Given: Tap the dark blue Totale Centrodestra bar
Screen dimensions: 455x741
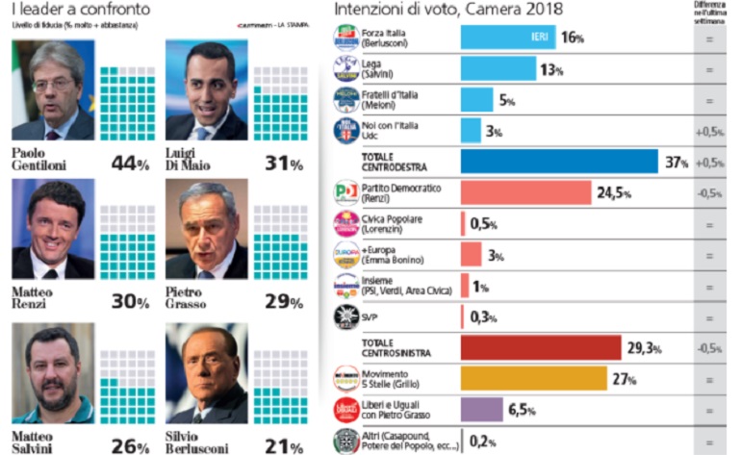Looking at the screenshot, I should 559,162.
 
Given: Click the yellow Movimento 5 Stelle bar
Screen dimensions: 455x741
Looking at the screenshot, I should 533,378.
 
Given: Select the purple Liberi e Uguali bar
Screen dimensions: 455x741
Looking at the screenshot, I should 482,410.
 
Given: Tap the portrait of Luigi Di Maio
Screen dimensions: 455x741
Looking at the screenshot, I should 206,90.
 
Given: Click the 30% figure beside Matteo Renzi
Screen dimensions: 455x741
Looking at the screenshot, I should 127,302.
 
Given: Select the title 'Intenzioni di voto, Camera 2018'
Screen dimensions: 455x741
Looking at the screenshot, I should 448,9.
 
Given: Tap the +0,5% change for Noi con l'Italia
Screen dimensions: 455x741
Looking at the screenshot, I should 709,131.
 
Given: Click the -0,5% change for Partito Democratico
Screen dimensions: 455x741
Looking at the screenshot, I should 709,192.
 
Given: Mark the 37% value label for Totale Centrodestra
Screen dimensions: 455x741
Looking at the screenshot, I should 676,163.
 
